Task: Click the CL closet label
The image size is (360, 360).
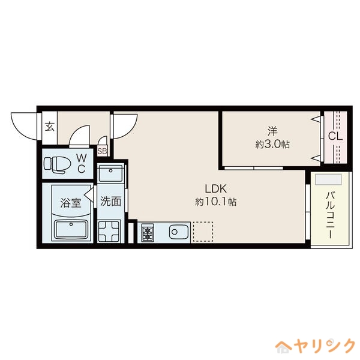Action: pyautogui.click(x=335, y=136)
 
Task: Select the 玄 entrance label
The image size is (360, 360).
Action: pyautogui.click(x=50, y=127)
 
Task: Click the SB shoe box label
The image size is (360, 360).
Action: pyautogui.click(x=102, y=151)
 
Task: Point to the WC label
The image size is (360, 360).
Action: pyautogui.click(x=81, y=164)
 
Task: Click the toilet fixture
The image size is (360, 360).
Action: pyautogui.click(x=58, y=164)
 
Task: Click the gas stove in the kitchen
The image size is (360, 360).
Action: pyautogui.click(x=148, y=232)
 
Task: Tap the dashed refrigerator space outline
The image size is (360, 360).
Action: pyautogui.click(x=203, y=232)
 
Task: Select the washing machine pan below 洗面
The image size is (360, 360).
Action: pyautogui.click(x=109, y=232)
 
